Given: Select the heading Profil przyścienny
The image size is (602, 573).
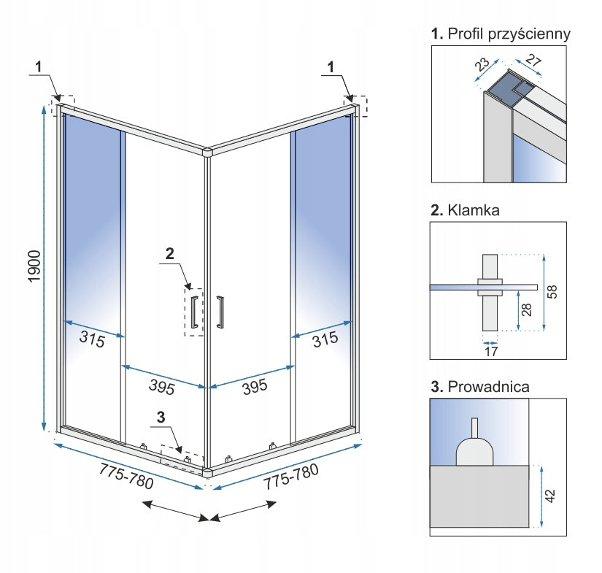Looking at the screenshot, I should pos(501,34).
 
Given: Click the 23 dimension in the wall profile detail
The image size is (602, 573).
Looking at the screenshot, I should pos(482,65).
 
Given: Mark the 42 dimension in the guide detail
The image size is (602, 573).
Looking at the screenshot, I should pos(551,495).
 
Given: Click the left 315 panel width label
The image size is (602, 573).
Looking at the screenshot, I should pos(92,339).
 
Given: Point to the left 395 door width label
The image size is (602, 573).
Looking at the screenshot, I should pos(160,387).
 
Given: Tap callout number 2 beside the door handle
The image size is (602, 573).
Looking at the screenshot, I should pos(169,254).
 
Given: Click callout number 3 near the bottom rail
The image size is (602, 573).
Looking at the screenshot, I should pos(161,418).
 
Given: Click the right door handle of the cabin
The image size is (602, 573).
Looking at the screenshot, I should pos(219,312).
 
